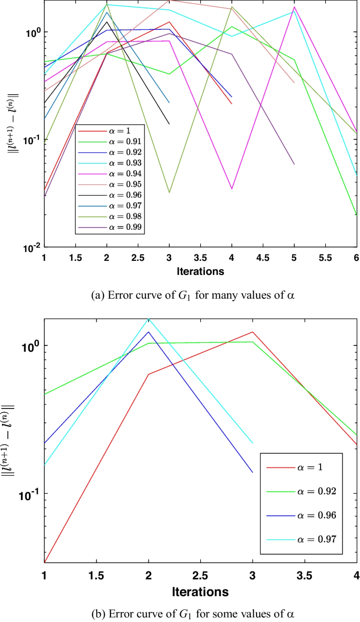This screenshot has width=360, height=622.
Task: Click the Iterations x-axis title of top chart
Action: pos(200,272)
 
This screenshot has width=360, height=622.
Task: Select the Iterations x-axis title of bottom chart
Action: pos(200,592)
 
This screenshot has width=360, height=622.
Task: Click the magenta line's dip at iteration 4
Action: pos(232,189)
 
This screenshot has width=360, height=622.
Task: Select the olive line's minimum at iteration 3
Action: pos(169,192)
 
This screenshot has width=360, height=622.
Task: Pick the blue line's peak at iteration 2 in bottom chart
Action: pos(149,332)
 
